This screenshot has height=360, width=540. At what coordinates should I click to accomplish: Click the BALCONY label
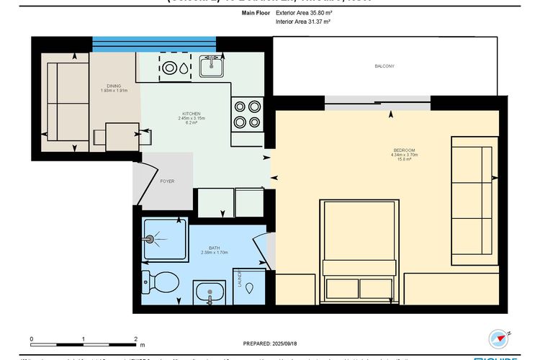point(384,66)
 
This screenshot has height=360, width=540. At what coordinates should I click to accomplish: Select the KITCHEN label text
point(191,114)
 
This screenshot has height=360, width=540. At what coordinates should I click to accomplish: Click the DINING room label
point(113,86)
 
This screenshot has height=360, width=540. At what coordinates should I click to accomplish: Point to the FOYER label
point(167,181)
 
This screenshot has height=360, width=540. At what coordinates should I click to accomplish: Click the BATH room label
point(214,246)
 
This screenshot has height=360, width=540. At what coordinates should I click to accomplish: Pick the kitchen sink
point(211,67)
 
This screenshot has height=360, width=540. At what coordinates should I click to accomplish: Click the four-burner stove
point(248,113)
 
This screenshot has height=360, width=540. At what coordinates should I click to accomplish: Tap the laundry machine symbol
point(248,287)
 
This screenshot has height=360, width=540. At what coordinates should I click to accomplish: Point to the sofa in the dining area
point(65,102)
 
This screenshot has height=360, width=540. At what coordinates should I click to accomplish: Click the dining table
point(122,136)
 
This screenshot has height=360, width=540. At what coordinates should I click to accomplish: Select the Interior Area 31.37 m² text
point(302,22)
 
